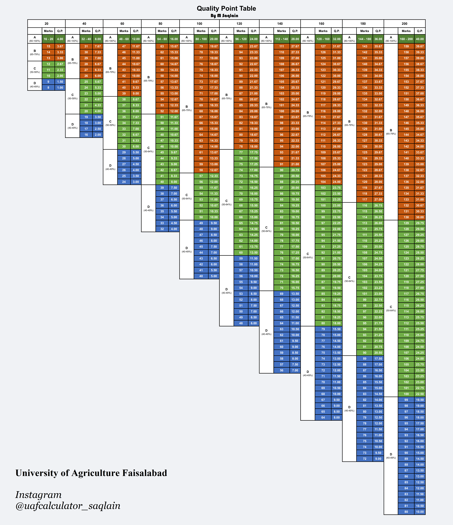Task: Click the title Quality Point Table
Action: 226,8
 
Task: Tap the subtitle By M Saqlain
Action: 224,16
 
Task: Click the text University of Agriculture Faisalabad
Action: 91,473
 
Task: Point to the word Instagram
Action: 38,495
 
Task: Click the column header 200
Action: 404,24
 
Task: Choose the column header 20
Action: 46,24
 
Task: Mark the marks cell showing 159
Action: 406,46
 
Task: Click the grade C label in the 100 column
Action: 187,196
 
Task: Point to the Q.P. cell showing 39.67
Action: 420,46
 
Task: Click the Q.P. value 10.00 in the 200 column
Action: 420,512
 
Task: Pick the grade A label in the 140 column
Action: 266,39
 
